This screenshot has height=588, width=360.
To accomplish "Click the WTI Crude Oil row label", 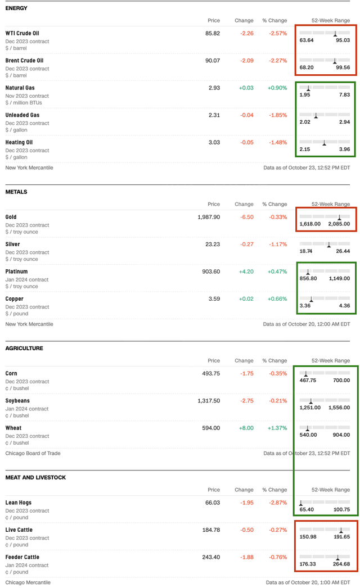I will click(22, 33).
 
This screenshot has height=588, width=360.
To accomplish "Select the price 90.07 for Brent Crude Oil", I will click(213, 61).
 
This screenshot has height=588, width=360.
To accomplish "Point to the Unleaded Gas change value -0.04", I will click(246, 115).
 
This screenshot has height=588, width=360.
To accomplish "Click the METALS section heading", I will click(16, 192).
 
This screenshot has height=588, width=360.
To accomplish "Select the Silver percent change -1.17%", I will click(278, 245).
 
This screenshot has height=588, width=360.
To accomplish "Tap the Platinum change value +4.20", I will click(246, 272).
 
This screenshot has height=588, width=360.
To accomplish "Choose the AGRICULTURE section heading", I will click(24, 348).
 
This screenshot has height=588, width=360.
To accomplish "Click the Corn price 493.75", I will click(211, 373).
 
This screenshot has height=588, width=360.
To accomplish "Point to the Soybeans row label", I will click(17, 401).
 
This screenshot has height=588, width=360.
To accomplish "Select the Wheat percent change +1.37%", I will click(277, 428).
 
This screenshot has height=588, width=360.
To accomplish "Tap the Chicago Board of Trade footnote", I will click(33, 453).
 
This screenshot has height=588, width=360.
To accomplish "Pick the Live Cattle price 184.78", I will click(211, 530).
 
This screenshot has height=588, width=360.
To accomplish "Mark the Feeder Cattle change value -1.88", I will click(246, 557).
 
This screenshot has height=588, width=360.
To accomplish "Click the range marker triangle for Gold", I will click(339, 217).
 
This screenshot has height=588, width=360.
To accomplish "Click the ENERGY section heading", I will click(16, 8).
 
